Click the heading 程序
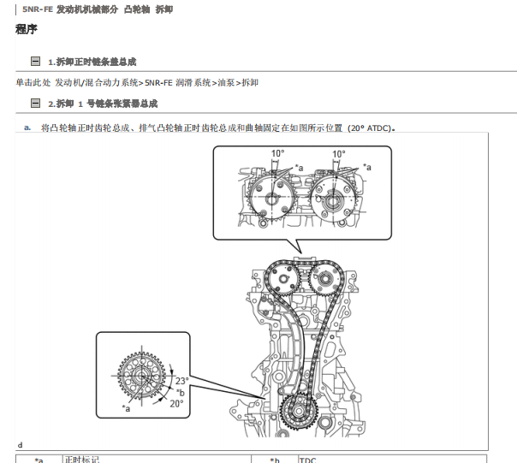click(27, 30)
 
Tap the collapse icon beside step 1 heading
click(35, 62)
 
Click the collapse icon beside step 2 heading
click(35, 103)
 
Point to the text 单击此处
click(33, 83)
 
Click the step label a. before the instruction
click(27, 128)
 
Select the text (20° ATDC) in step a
click(370, 128)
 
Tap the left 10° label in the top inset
click(278, 155)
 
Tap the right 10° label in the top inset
click(339, 155)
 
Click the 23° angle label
click(181, 381)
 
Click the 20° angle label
click(176, 402)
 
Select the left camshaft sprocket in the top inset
click(270, 199)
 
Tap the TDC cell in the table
click(307, 460)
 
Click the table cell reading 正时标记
click(83, 460)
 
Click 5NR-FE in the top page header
click(38, 8)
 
